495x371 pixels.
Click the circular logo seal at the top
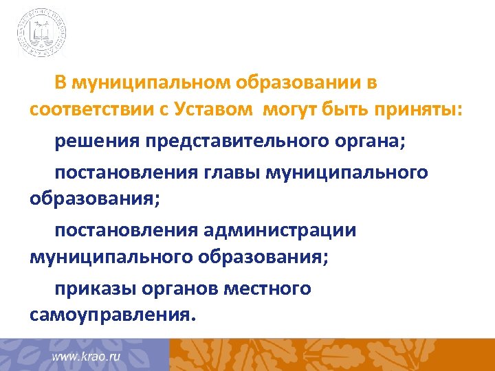pos(42,32)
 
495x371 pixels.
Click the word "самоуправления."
pos(113,315)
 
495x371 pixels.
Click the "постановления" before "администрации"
pos(124,230)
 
